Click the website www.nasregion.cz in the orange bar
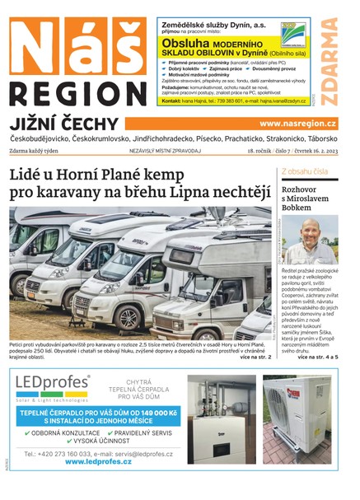point(297,123)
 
